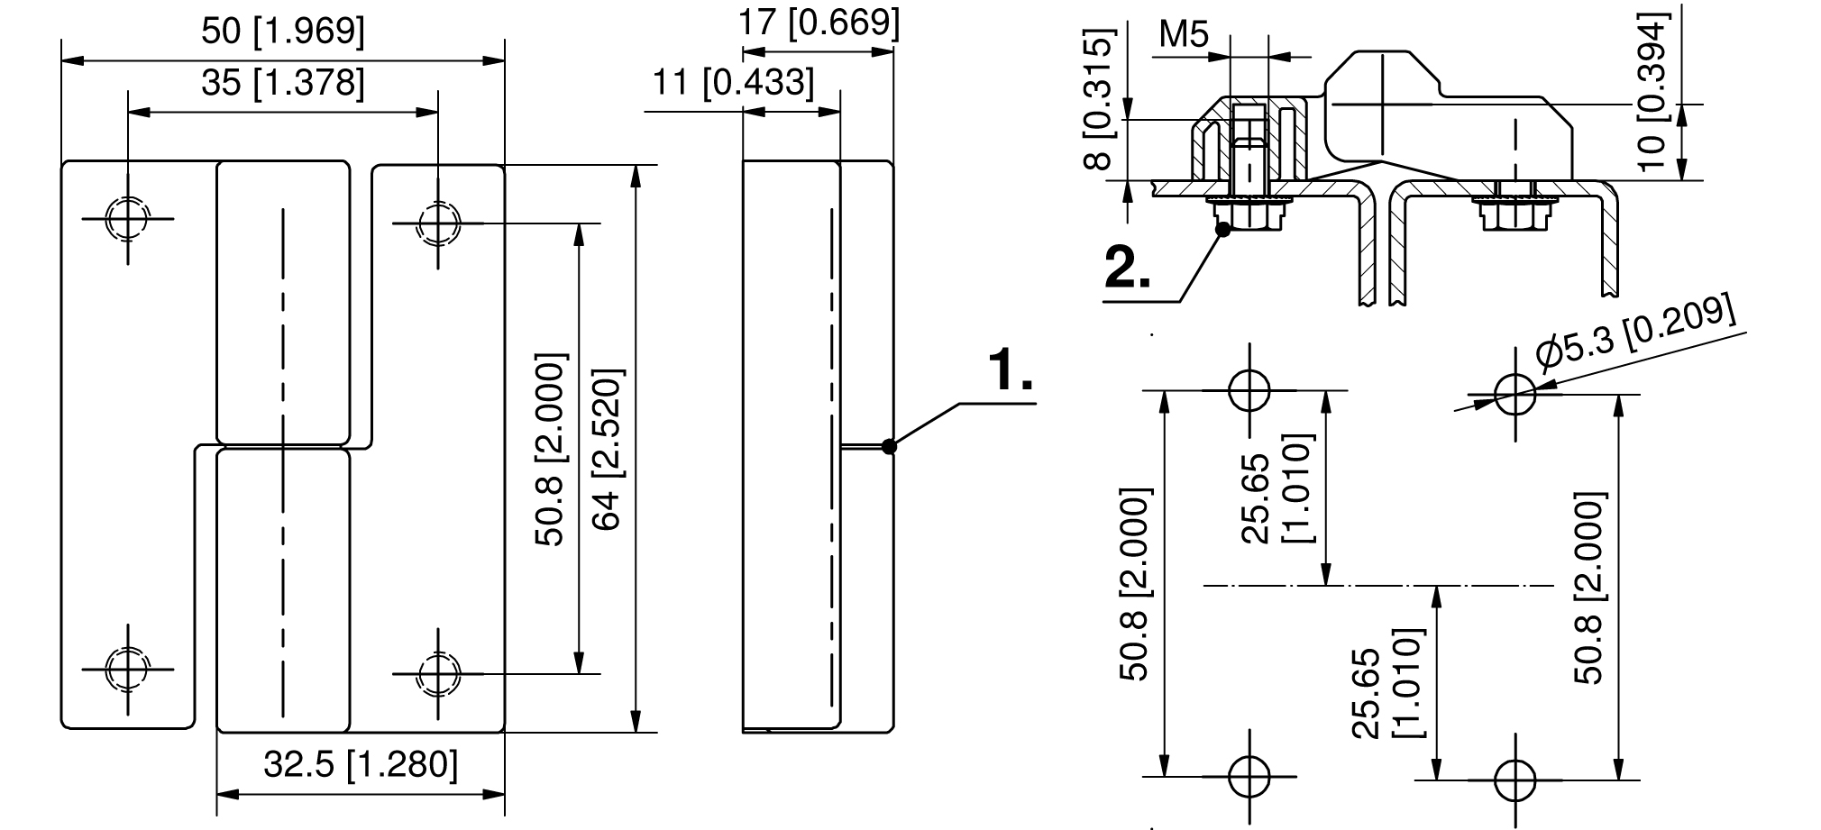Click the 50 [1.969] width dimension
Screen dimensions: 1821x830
283,32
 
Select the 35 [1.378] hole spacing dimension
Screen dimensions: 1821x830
283,83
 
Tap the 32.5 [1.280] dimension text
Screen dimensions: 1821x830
361,764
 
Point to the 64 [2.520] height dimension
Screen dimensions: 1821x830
607,449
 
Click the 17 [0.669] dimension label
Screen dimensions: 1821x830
819,23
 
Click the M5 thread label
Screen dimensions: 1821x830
1183,35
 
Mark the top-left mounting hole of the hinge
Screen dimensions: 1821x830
127,218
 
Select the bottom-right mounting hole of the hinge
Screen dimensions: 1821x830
438,672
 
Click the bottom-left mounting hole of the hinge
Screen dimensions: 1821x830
127,669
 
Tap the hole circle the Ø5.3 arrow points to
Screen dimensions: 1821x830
1514,394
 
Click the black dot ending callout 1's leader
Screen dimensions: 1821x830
889,445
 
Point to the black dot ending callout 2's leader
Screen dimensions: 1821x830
1222,229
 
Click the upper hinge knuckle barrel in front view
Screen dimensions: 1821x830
283,304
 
